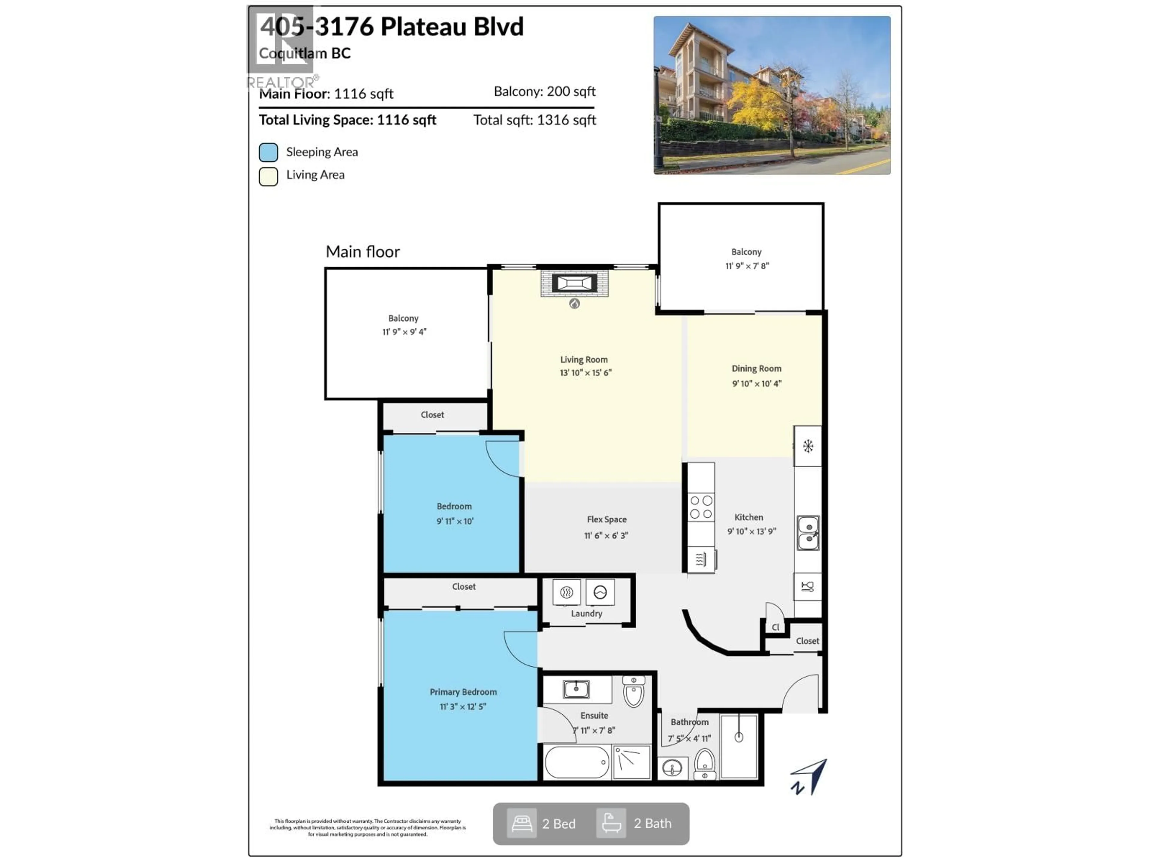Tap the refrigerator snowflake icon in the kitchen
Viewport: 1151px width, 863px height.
(x=807, y=446)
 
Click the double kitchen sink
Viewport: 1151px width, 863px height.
(x=808, y=533)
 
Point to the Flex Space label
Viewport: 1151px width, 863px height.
(x=606, y=519)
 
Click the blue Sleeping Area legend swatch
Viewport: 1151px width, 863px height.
(x=269, y=153)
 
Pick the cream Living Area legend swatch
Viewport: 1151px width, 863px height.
(x=269, y=176)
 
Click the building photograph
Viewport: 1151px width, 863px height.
(x=772, y=95)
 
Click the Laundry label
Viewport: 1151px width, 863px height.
(x=586, y=613)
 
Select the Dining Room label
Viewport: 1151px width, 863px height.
(x=756, y=368)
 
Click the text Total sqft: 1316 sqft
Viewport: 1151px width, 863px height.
(x=534, y=120)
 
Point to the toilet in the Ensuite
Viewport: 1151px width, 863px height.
(x=633, y=692)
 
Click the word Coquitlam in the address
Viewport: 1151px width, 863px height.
(x=293, y=53)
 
